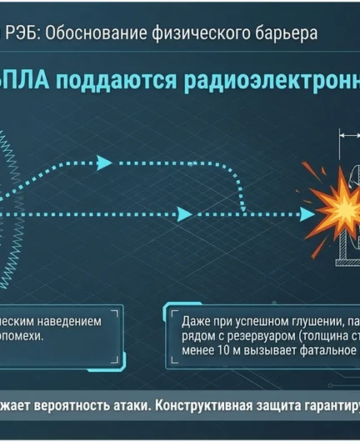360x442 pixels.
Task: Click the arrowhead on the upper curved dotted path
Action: coord(103,162)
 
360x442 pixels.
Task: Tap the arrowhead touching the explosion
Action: coord(305,214)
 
